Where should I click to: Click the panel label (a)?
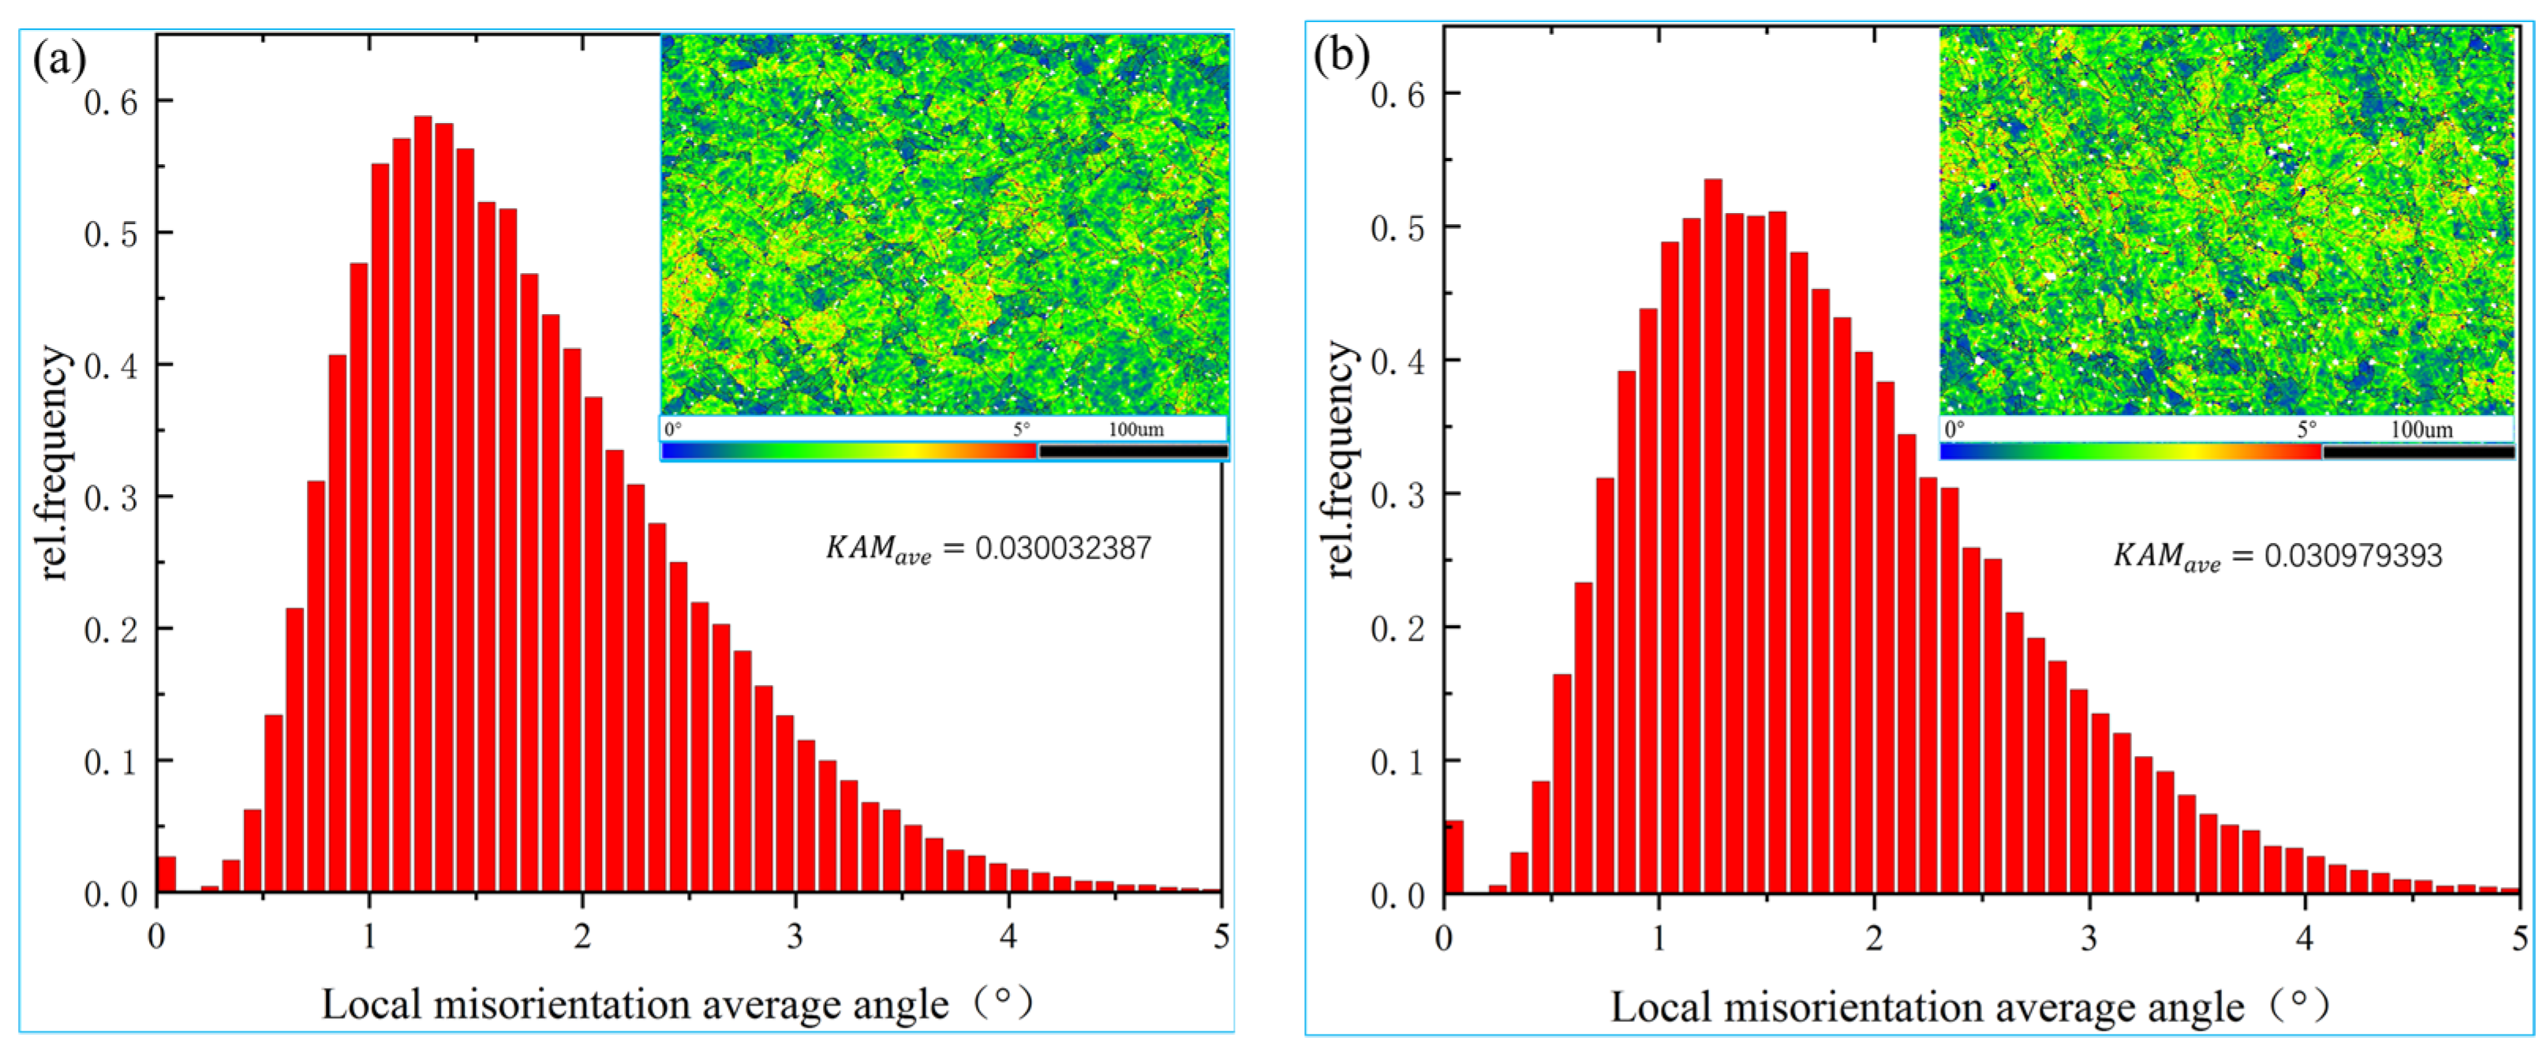59,62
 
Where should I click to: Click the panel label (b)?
1341,54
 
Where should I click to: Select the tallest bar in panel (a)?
422,504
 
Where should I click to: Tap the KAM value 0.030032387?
1063,548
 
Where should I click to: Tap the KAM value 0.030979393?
2353,556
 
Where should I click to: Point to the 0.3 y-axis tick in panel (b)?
1397,494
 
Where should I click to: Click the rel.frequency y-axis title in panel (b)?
1341,460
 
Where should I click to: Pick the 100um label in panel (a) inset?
1135,430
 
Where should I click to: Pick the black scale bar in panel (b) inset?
2418,452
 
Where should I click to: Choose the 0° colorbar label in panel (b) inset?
1954,430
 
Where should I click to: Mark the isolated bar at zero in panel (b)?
1453,857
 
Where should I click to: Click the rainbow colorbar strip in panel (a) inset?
848,451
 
